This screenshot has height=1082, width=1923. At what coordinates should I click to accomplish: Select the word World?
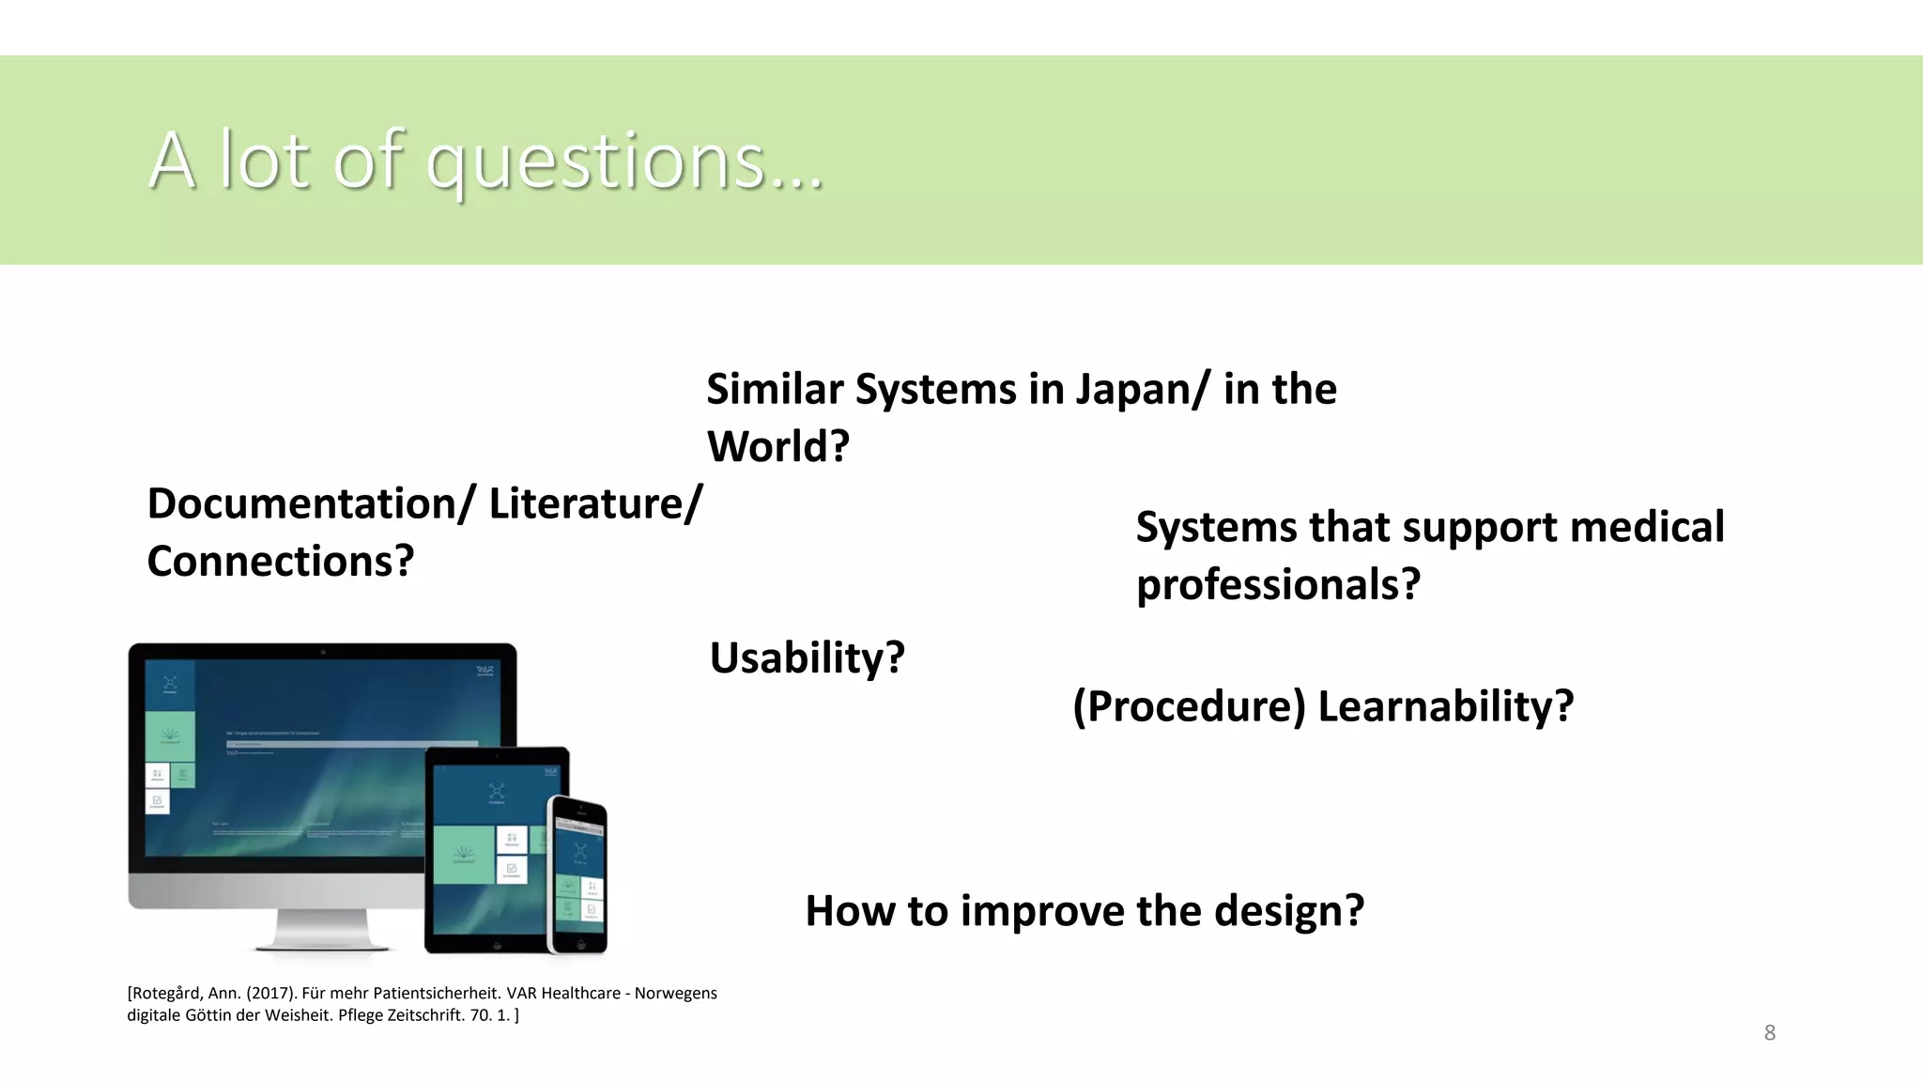(x=777, y=446)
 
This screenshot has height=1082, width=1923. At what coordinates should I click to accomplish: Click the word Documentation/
(x=312, y=504)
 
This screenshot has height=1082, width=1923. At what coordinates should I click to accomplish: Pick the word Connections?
(x=280, y=562)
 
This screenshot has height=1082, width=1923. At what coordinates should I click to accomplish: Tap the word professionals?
(x=1278, y=584)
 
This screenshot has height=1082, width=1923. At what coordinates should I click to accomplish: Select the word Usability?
(x=807, y=657)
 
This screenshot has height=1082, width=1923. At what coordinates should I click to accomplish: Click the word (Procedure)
(x=1189, y=706)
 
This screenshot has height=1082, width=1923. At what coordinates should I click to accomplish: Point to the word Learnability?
(x=1445, y=706)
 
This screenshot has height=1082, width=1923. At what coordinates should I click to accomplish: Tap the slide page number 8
(x=1769, y=1033)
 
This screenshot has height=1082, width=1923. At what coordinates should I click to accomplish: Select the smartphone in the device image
(x=577, y=873)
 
